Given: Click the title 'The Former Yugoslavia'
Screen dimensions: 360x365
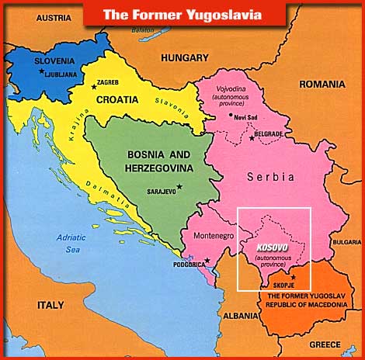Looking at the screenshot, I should click(x=182, y=13).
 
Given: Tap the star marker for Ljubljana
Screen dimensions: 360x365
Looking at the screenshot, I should click(x=40, y=71).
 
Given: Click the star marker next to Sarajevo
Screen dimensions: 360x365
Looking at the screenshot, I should click(x=179, y=186).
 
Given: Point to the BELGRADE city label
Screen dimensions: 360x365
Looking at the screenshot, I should click(x=266, y=135).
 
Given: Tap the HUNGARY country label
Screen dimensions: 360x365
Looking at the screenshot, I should click(x=185, y=57).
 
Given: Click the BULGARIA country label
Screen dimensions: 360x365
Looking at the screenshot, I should click(x=346, y=242).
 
